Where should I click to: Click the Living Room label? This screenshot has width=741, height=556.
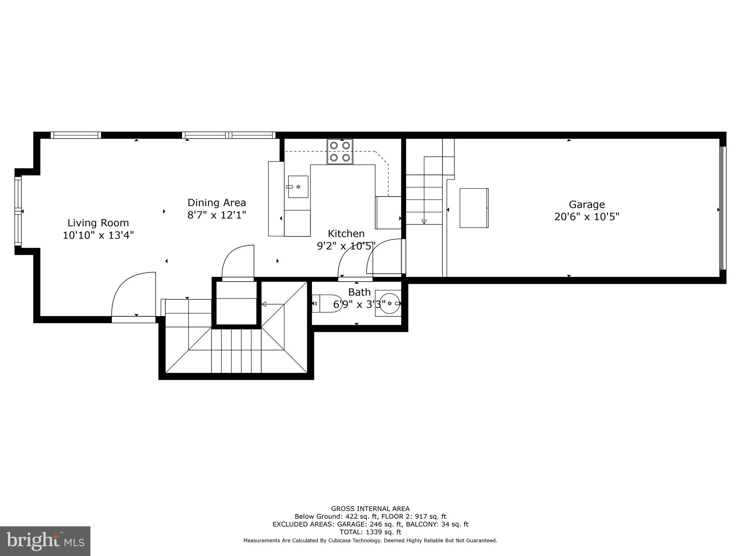click(98, 223)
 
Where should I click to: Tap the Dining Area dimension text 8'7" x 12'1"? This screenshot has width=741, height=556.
click(216, 215)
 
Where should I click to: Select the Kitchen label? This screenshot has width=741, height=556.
click(346, 233)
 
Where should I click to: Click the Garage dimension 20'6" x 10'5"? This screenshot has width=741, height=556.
click(587, 217)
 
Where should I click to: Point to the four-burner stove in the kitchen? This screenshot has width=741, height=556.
click(340, 151)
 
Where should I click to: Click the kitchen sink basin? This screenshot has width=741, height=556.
click(298, 187)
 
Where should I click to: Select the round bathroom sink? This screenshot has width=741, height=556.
click(389, 303)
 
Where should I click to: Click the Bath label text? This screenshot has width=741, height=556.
click(359, 292)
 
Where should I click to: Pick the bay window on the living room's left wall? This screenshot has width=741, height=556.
click(18, 211)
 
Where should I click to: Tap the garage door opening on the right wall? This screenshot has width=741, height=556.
click(722, 208)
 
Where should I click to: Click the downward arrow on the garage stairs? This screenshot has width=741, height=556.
click(424, 222)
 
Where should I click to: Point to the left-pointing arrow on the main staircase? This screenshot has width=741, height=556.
click(264, 304)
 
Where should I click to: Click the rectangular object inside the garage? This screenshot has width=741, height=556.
click(474, 208)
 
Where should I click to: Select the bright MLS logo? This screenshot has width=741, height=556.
click(45, 541)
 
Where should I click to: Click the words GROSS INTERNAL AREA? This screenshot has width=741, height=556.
click(370, 509)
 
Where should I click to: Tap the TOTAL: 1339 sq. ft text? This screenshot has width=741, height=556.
click(370, 532)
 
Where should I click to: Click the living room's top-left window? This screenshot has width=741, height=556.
click(76, 135)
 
